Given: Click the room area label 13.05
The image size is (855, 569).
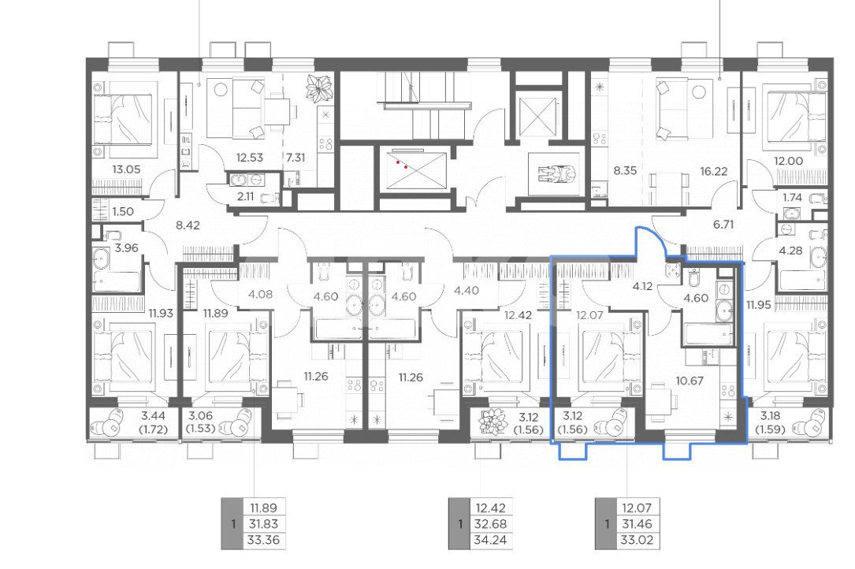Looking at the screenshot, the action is click(x=126, y=169).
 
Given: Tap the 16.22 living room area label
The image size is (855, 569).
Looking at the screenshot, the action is click(x=714, y=171).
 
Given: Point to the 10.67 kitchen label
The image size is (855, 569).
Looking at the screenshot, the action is click(x=690, y=381).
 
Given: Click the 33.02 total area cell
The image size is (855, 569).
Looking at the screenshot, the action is click(x=637, y=541).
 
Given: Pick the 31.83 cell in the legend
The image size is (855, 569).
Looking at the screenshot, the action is click(x=263, y=524).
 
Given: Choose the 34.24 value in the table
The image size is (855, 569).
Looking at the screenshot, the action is click(x=491, y=541).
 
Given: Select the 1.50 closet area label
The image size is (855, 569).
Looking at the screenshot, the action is click(x=122, y=212).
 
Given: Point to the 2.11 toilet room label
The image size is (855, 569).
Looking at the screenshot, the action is click(x=245, y=197).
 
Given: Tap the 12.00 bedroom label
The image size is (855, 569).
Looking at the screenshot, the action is click(x=788, y=161).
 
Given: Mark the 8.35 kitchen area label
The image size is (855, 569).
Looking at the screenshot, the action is click(x=625, y=171).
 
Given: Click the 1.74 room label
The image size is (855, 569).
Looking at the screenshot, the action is click(x=792, y=198).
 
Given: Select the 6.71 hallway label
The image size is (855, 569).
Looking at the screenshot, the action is click(x=723, y=225).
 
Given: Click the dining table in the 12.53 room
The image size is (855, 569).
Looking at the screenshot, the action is click(x=277, y=111).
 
